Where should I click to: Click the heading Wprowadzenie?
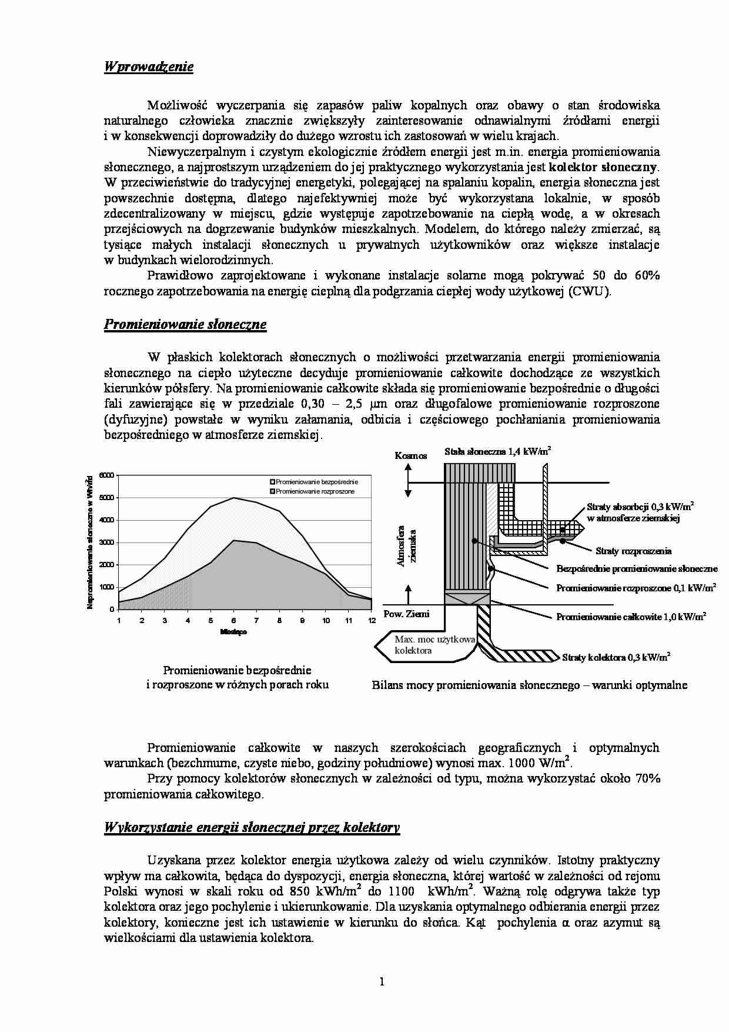coord(149,66)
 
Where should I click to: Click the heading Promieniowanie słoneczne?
coord(185,324)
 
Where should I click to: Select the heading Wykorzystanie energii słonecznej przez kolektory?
coord(252,827)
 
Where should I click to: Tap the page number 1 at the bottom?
coord(382,981)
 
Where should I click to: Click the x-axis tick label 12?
coord(371,620)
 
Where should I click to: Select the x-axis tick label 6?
coord(233,620)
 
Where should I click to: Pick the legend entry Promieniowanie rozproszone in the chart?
coord(315,491)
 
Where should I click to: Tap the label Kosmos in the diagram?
coord(411,455)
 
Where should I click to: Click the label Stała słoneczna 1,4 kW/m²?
coord(497,452)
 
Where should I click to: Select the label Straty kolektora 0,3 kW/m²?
coord(616,657)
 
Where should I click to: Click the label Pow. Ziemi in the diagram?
coord(406,614)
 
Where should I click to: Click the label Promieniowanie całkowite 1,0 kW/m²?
coord(631,617)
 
